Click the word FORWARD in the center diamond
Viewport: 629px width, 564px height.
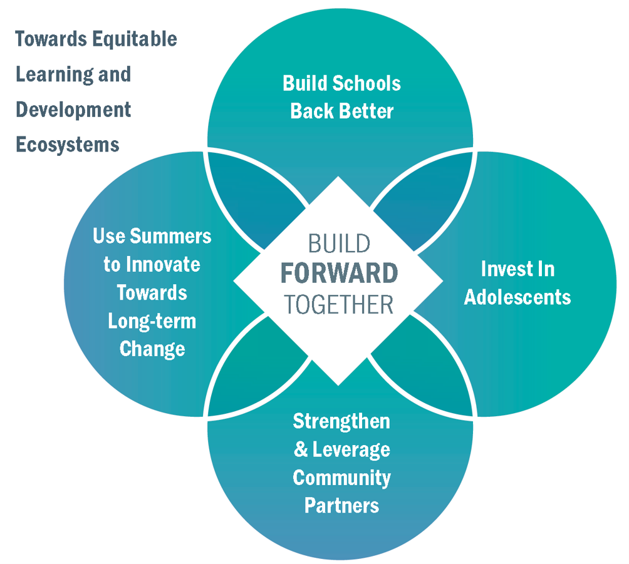pos(339,273)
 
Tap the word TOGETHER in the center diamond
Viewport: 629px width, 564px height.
pos(339,305)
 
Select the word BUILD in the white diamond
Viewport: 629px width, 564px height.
pos(339,244)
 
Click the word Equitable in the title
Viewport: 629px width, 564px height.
pos(135,39)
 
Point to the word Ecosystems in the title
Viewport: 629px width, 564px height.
pos(68,145)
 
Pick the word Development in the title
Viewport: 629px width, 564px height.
pos(73,110)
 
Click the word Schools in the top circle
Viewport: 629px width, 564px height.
pos(366,83)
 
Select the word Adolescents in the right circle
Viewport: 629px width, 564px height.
pos(517,297)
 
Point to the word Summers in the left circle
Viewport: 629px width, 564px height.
pos(170,236)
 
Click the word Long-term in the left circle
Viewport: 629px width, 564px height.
pos(152,322)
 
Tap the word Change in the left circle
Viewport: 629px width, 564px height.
pos(152,349)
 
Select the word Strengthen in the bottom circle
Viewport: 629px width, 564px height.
pos(341,421)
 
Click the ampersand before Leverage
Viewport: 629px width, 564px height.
pos(301,449)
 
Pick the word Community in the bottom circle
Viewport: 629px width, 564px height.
pos(342,478)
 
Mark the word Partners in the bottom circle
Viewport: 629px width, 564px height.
pos(342,505)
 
